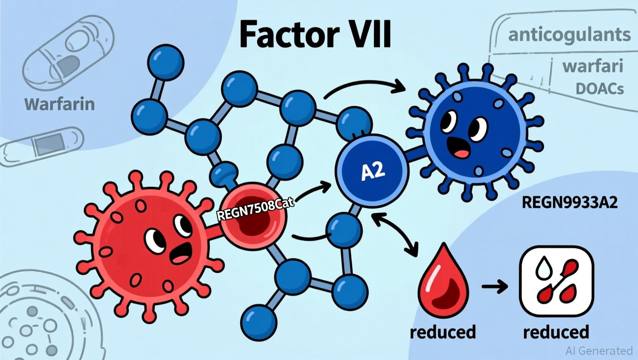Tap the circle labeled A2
(x=372, y=172)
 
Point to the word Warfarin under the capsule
(x=60, y=104)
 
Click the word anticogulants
(x=569, y=35)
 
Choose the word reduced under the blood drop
(x=442, y=332)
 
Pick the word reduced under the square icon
(x=556, y=332)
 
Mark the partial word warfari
(x=592, y=66)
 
